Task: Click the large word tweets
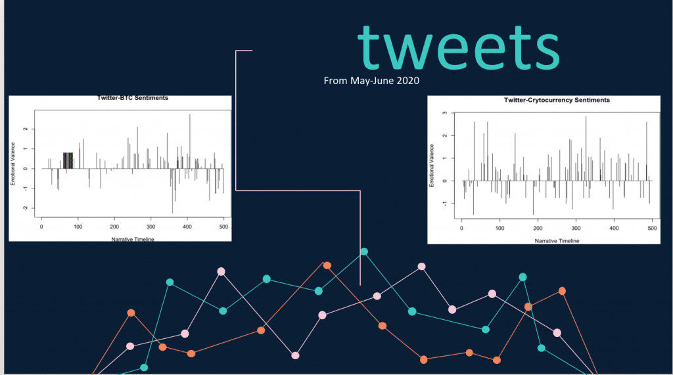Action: coord(458,48)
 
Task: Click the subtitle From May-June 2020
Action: coord(371,81)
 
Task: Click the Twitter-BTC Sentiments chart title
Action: coord(133,98)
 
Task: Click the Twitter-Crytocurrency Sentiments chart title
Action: coord(557,100)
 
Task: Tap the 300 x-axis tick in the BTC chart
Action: coord(151,227)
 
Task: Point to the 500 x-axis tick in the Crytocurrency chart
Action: coord(652,229)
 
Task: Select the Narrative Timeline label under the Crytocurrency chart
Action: coord(557,241)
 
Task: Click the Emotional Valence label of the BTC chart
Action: coord(13,164)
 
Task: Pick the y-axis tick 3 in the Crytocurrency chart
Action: coord(445,113)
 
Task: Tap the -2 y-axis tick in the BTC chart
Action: coord(26,208)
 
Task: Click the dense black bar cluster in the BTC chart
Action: coord(68,160)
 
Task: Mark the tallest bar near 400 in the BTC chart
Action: coord(190,141)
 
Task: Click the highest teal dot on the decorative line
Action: coord(364,252)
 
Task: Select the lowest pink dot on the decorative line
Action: coord(295,355)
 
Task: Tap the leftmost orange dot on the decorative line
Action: coord(131,313)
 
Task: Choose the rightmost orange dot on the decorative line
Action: coord(562,291)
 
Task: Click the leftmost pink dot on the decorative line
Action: coord(130,346)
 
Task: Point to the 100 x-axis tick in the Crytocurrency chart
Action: coord(499,229)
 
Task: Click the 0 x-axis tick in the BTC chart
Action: coord(41,227)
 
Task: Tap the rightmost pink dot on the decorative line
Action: coord(557,332)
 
